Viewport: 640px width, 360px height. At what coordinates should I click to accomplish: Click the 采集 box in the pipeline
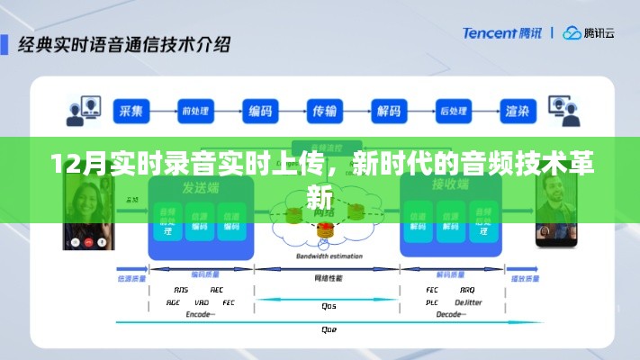[x=131, y=112]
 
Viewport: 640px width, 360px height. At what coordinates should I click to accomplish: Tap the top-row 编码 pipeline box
[x=260, y=112]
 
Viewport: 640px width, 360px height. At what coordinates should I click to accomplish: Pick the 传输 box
[x=325, y=112]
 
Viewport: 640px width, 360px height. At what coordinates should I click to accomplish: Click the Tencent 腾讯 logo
[x=504, y=33]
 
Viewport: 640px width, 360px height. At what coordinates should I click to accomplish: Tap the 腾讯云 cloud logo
[x=589, y=33]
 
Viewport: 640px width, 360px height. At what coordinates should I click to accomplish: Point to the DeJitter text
[x=467, y=302]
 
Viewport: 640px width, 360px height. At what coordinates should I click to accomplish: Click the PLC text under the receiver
[x=432, y=302]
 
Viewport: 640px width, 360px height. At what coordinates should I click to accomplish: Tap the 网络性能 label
[x=328, y=277]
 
